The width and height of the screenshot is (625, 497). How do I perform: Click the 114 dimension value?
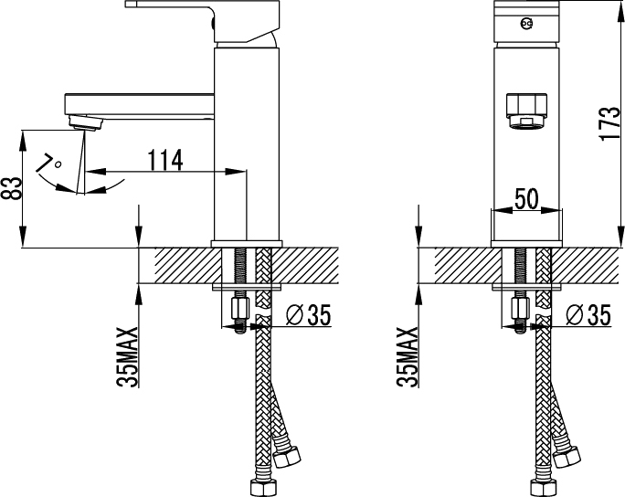[x=165, y=160]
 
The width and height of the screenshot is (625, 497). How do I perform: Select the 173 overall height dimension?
[x=609, y=122]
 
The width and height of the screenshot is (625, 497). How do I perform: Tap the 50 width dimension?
[x=526, y=198]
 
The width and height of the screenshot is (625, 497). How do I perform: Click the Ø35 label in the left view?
[x=309, y=315]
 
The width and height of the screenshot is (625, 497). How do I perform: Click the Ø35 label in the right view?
[x=588, y=315]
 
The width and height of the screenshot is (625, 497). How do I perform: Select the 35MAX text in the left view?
[x=128, y=357]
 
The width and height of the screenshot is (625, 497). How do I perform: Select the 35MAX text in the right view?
[x=408, y=357]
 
